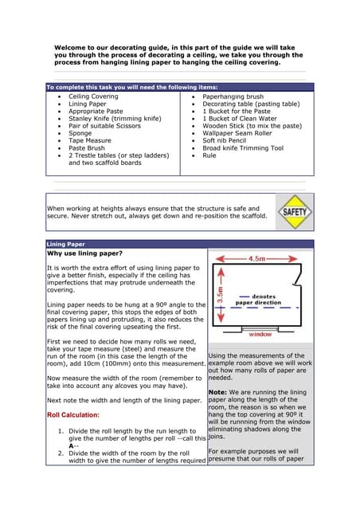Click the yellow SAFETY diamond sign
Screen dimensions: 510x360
click(x=295, y=214)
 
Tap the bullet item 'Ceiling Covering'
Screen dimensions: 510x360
click(x=93, y=96)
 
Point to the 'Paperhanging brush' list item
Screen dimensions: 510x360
click(x=233, y=96)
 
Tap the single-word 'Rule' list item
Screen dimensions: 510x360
click(x=209, y=155)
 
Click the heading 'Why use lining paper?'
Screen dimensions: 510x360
click(x=84, y=253)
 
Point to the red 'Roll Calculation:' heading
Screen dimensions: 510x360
click(x=73, y=415)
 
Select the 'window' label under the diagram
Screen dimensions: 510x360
click(x=260, y=335)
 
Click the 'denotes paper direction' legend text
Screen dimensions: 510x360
click(x=258, y=300)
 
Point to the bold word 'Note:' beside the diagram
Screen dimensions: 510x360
click(x=218, y=392)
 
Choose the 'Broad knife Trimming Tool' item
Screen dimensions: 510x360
click(x=243, y=147)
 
